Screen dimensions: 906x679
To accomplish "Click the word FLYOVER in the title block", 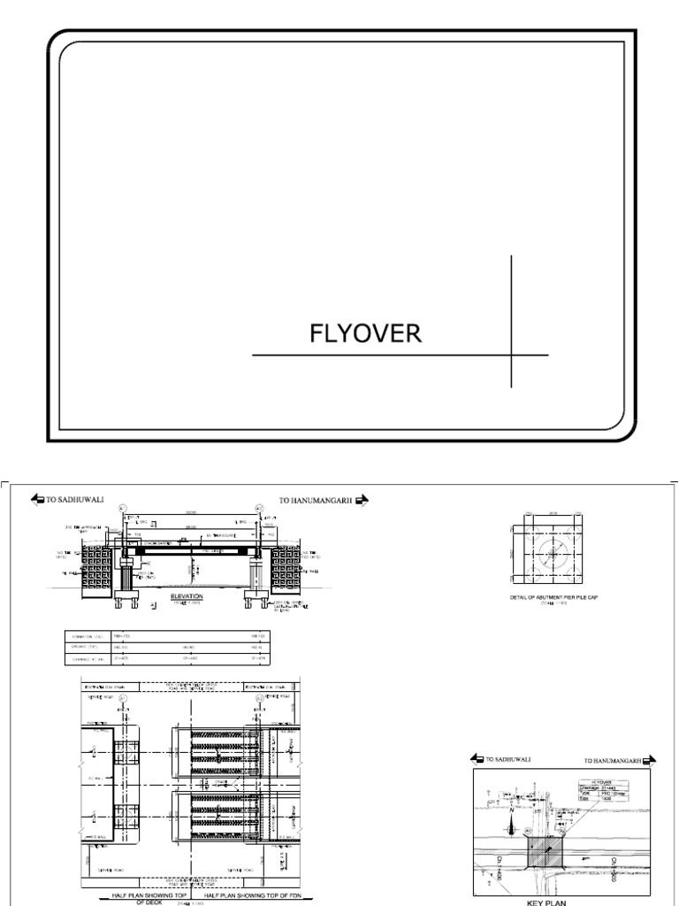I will point(365,334).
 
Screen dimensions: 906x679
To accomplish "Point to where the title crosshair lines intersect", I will point(511,355).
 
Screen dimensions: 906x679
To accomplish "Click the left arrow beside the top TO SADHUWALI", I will point(37,500).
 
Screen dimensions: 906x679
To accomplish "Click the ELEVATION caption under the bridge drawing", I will point(187,597).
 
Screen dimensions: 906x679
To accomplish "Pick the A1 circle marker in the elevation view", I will point(122,507).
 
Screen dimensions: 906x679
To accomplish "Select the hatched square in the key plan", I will point(543,853).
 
